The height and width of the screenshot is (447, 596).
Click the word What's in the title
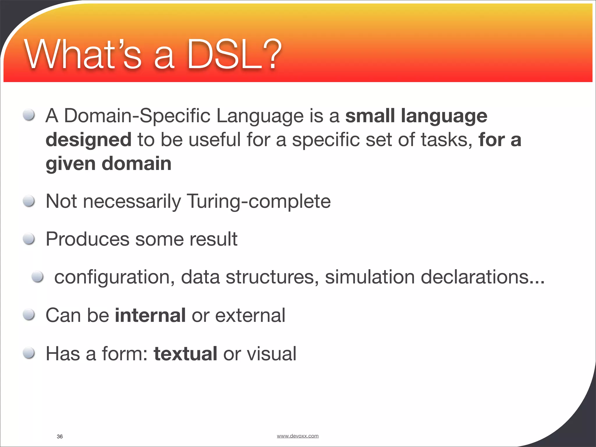click(x=83, y=55)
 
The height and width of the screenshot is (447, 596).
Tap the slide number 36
click(x=60, y=436)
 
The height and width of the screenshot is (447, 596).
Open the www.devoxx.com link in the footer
click(x=297, y=436)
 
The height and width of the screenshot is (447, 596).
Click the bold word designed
click(x=88, y=140)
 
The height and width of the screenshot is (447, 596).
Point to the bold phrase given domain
click(x=109, y=164)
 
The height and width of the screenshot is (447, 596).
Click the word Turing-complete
click(x=259, y=201)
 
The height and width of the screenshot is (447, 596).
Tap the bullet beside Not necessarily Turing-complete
click(x=29, y=201)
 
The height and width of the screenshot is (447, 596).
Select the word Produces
click(x=87, y=239)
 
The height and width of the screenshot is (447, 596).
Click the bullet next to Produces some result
click(x=29, y=239)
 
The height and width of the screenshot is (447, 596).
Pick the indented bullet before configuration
click(x=38, y=276)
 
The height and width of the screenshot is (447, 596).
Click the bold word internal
click(x=150, y=315)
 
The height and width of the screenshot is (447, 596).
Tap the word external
click(x=250, y=315)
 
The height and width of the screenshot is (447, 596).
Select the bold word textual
click(x=185, y=354)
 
